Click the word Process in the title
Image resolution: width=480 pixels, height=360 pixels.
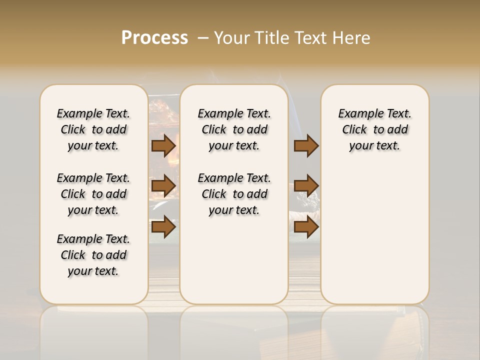point(154,38)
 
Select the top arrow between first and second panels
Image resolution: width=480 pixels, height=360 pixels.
point(163,145)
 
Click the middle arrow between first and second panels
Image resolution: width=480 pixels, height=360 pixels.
point(163,186)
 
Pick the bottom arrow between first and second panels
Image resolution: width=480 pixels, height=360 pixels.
point(163,226)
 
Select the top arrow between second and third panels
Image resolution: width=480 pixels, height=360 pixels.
point(306,145)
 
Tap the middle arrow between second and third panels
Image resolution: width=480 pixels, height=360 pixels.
point(306,186)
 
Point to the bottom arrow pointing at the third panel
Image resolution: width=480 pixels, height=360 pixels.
point(306,226)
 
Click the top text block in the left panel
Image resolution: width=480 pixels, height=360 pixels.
point(93,129)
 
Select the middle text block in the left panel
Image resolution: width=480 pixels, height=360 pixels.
point(93,194)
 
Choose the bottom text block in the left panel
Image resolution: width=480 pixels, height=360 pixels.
point(93,255)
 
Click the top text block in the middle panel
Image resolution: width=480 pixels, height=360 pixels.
point(234,129)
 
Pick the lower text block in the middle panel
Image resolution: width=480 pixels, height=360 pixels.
point(234,194)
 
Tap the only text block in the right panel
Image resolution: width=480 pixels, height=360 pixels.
point(375,129)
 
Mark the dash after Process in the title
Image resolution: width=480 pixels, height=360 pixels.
point(202,38)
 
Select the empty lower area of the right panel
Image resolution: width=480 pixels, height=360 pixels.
point(375,235)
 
